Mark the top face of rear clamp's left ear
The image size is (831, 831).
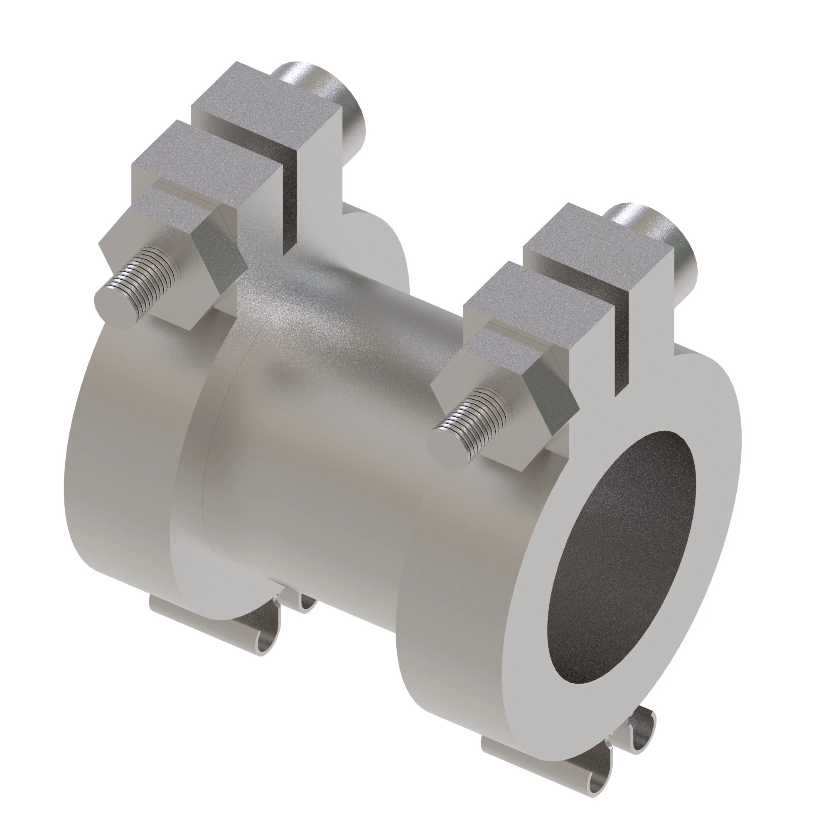(x=202, y=155)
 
